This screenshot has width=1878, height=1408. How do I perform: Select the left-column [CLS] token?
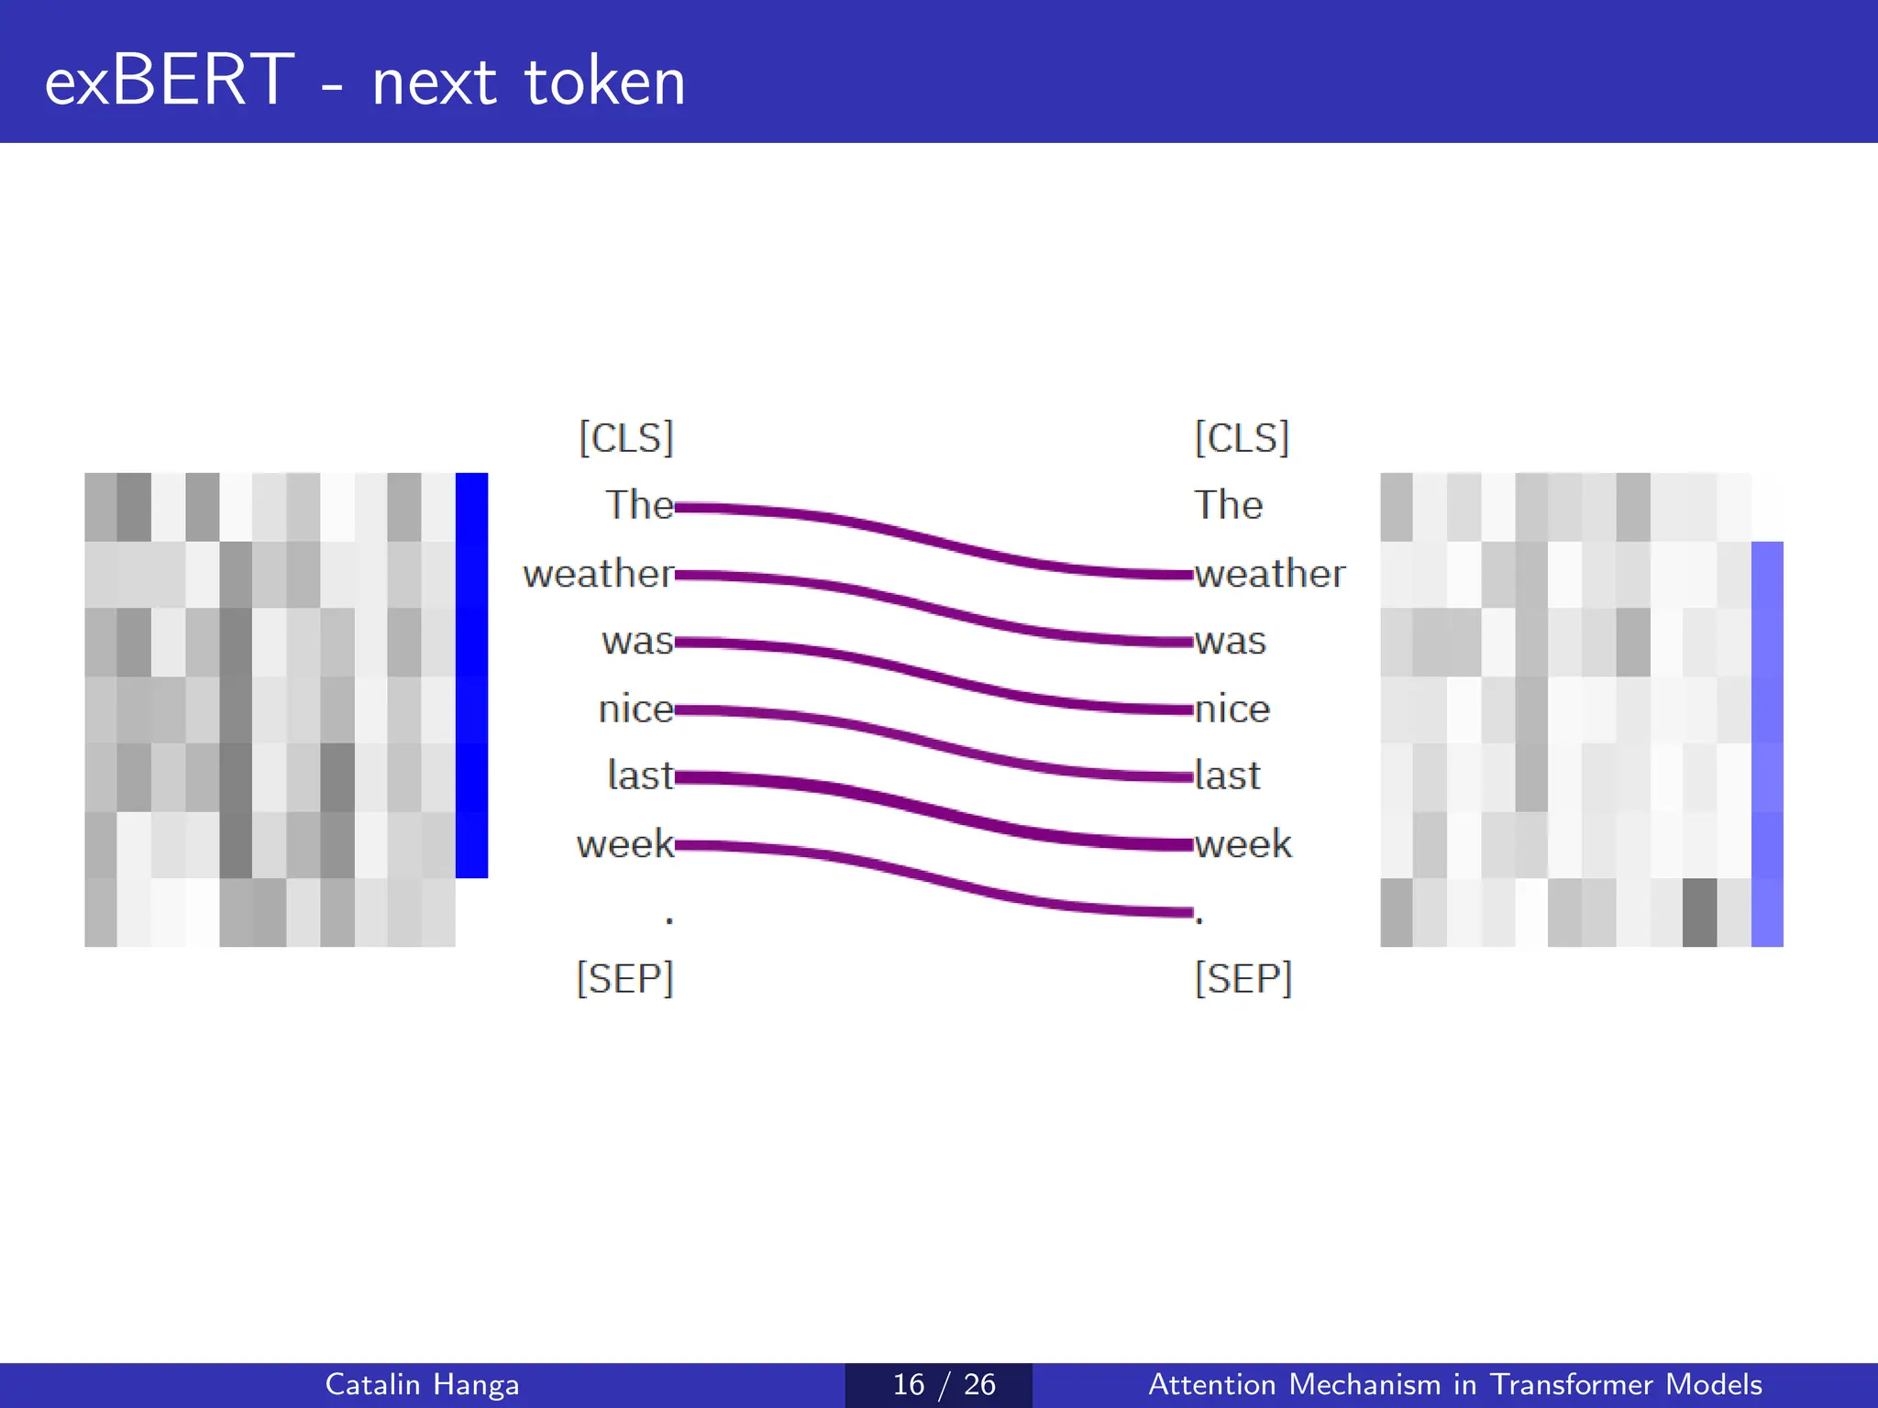pos(626,437)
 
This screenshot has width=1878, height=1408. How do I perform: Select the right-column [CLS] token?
pos(1242,437)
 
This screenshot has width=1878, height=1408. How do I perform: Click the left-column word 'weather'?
pos(598,574)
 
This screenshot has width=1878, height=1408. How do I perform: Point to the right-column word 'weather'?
pos(1270,574)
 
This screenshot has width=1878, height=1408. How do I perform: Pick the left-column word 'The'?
pos(639,505)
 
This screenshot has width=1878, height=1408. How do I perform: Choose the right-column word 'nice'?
pos(1232,709)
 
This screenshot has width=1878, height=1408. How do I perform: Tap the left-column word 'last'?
pos(640,775)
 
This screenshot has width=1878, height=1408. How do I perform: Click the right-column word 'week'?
pos(1243,843)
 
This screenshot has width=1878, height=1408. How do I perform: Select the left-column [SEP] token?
pos(624,978)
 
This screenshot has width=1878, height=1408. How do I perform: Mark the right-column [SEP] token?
pos(1243,978)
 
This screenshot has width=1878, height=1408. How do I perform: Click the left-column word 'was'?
pos(637,641)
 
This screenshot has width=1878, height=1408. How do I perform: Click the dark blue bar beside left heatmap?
pos(471,675)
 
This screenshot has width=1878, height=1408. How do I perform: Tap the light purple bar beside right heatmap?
pos(1767,743)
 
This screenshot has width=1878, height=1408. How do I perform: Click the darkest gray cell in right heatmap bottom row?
pos(1699,912)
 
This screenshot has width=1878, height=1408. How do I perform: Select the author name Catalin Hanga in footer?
pos(422,1384)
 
